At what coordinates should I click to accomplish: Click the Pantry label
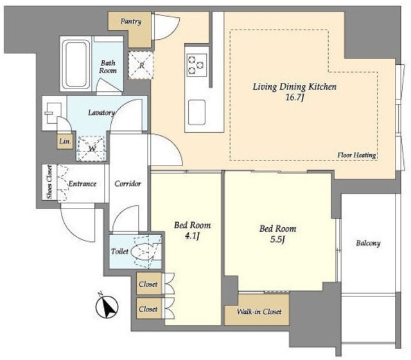(131, 21)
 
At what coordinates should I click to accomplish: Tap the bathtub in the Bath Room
(76, 64)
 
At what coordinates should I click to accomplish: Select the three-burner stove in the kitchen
(197, 65)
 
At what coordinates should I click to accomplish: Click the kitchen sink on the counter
(197, 112)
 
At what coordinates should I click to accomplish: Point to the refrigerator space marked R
(141, 65)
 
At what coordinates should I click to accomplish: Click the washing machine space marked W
(92, 148)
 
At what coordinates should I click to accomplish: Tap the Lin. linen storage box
(65, 141)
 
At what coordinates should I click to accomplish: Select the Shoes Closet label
(49, 182)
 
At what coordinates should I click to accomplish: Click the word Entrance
(82, 184)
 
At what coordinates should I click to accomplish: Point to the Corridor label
(128, 184)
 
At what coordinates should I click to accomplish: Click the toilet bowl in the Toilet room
(144, 252)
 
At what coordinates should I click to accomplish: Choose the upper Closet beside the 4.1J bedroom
(148, 284)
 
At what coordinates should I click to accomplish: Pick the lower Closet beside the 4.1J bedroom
(148, 309)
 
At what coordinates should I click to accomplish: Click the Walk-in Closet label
(259, 311)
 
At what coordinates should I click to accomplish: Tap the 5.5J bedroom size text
(277, 239)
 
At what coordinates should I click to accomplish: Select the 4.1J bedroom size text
(193, 236)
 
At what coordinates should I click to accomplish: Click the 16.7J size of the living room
(295, 98)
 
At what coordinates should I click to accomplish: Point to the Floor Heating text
(357, 155)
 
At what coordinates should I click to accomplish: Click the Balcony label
(368, 243)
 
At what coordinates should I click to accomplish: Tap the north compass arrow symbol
(107, 306)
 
